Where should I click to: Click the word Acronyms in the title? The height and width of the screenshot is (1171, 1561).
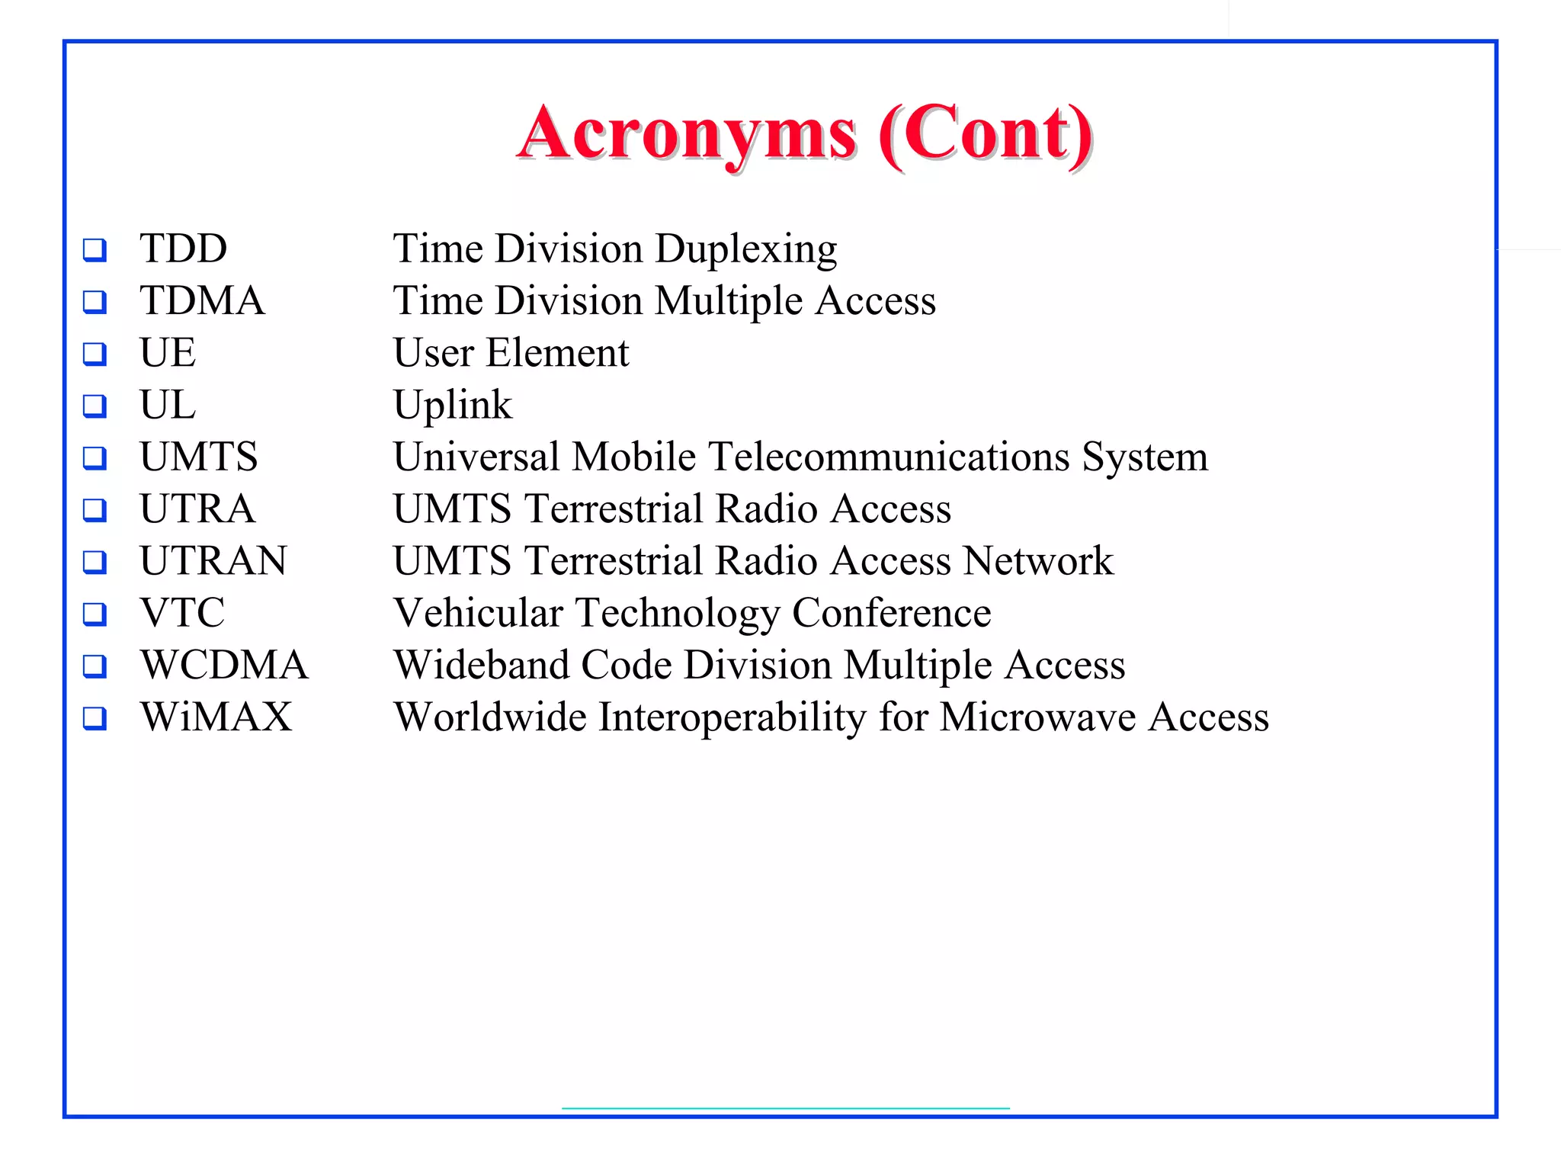click(688, 135)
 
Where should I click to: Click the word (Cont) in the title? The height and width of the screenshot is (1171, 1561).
click(986, 135)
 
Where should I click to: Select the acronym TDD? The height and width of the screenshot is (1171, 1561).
click(184, 249)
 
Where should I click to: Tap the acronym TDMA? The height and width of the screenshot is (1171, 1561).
click(203, 300)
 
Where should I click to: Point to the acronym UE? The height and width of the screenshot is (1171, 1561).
click(168, 352)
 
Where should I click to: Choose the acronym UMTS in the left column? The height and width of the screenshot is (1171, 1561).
click(199, 457)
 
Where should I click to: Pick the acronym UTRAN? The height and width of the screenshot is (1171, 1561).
click(213, 560)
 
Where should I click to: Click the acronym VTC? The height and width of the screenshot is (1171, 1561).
click(183, 612)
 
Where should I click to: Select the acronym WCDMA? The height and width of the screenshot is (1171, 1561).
click(225, 665)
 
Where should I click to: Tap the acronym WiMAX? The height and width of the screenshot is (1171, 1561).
click(216, 717)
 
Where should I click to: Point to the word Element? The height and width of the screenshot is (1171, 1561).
click(558, 352)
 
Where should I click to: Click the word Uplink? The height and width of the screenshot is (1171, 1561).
click(453, 406)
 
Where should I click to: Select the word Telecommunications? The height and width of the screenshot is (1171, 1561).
click(889, 457)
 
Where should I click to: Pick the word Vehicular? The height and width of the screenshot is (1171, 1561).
click(478, 612)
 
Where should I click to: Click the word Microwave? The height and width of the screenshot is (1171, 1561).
click(1037, 717)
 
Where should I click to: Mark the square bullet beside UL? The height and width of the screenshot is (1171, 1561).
click(95, 406)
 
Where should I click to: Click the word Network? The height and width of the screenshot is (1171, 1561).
click(1038, 560)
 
